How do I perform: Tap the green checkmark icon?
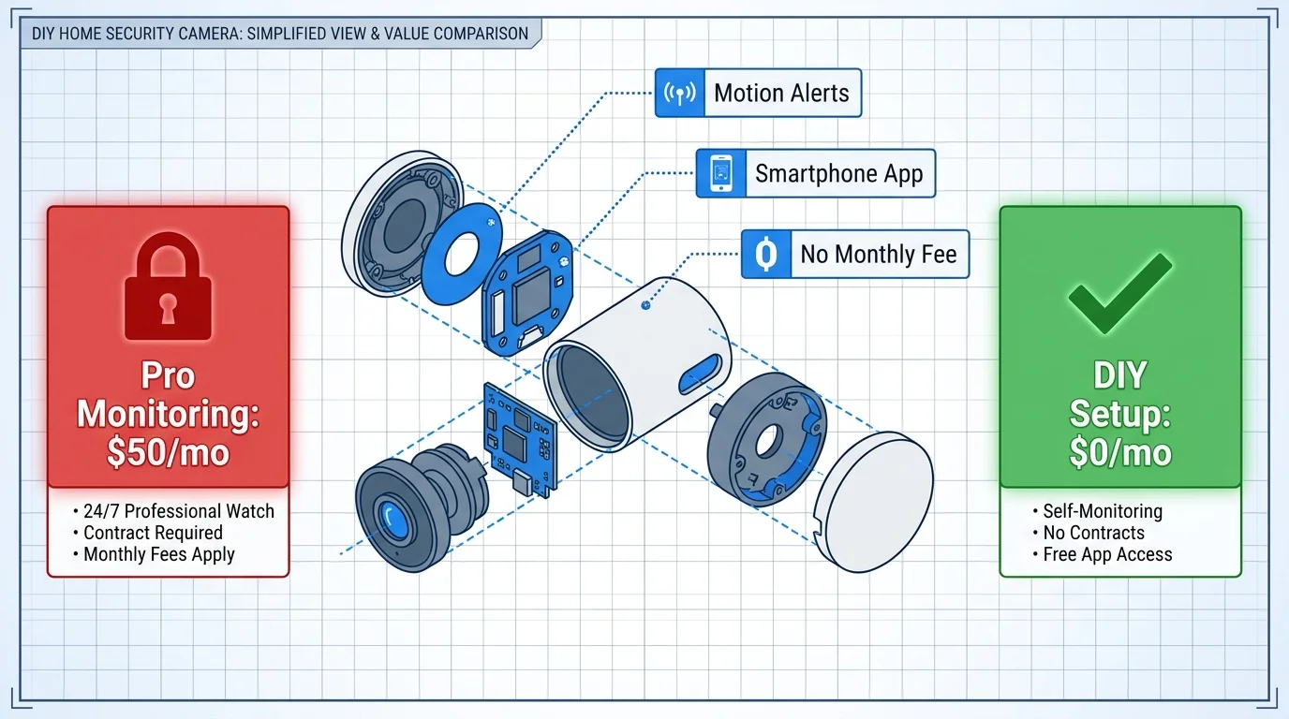(x=1120, y=292)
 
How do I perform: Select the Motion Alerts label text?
(x=781, y=93)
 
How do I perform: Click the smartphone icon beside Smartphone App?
(x=719, y=173)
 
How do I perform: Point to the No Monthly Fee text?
(x=878, y=254)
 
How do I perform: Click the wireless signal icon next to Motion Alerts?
(x=678, y=93)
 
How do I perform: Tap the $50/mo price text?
(x=168, y=452)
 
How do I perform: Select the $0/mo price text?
(x=1120, y=452)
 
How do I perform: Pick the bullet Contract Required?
(x=153, y=533)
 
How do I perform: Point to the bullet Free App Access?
(x=1106, y=554)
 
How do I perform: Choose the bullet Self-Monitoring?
(x=1102, y=511)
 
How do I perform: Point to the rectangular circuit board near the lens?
(x=518, y=437)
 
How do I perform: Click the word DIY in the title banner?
(x=43, y=34)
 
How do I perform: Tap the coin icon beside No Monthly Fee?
(x=765, y=254)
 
